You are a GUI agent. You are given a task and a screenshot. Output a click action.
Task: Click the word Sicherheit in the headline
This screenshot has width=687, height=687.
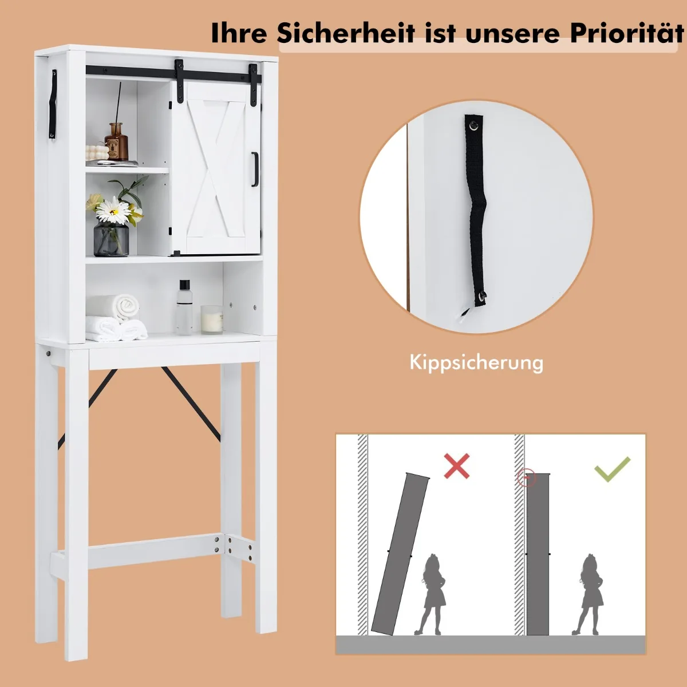point(345,33)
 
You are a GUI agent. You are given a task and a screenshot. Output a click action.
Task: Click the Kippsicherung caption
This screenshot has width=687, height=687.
point(476,362)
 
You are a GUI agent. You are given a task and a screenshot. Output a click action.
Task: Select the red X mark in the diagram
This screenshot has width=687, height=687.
point(457,465)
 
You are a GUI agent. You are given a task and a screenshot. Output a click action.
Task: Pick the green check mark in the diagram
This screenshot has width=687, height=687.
point(612,469)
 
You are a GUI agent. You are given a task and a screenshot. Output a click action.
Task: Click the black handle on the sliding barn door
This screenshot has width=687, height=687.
point(255,169)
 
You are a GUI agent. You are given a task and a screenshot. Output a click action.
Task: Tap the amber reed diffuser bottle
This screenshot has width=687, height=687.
point(116,141)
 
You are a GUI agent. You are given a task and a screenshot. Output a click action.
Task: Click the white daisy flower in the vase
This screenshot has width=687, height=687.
point(113,211)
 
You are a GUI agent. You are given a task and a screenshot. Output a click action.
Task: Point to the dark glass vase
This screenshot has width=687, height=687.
point(111,238)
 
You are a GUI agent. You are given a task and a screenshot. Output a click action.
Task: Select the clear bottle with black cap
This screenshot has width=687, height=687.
point(184,307)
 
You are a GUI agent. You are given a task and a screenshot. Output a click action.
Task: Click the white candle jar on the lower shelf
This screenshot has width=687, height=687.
point(212,319)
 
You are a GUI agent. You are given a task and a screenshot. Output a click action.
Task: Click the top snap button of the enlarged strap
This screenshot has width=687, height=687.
point(474,124)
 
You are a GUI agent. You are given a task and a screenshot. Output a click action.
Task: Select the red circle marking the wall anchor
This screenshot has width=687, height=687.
point(527,477)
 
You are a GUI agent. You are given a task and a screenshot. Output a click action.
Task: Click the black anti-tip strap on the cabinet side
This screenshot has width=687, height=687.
point(53,104)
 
